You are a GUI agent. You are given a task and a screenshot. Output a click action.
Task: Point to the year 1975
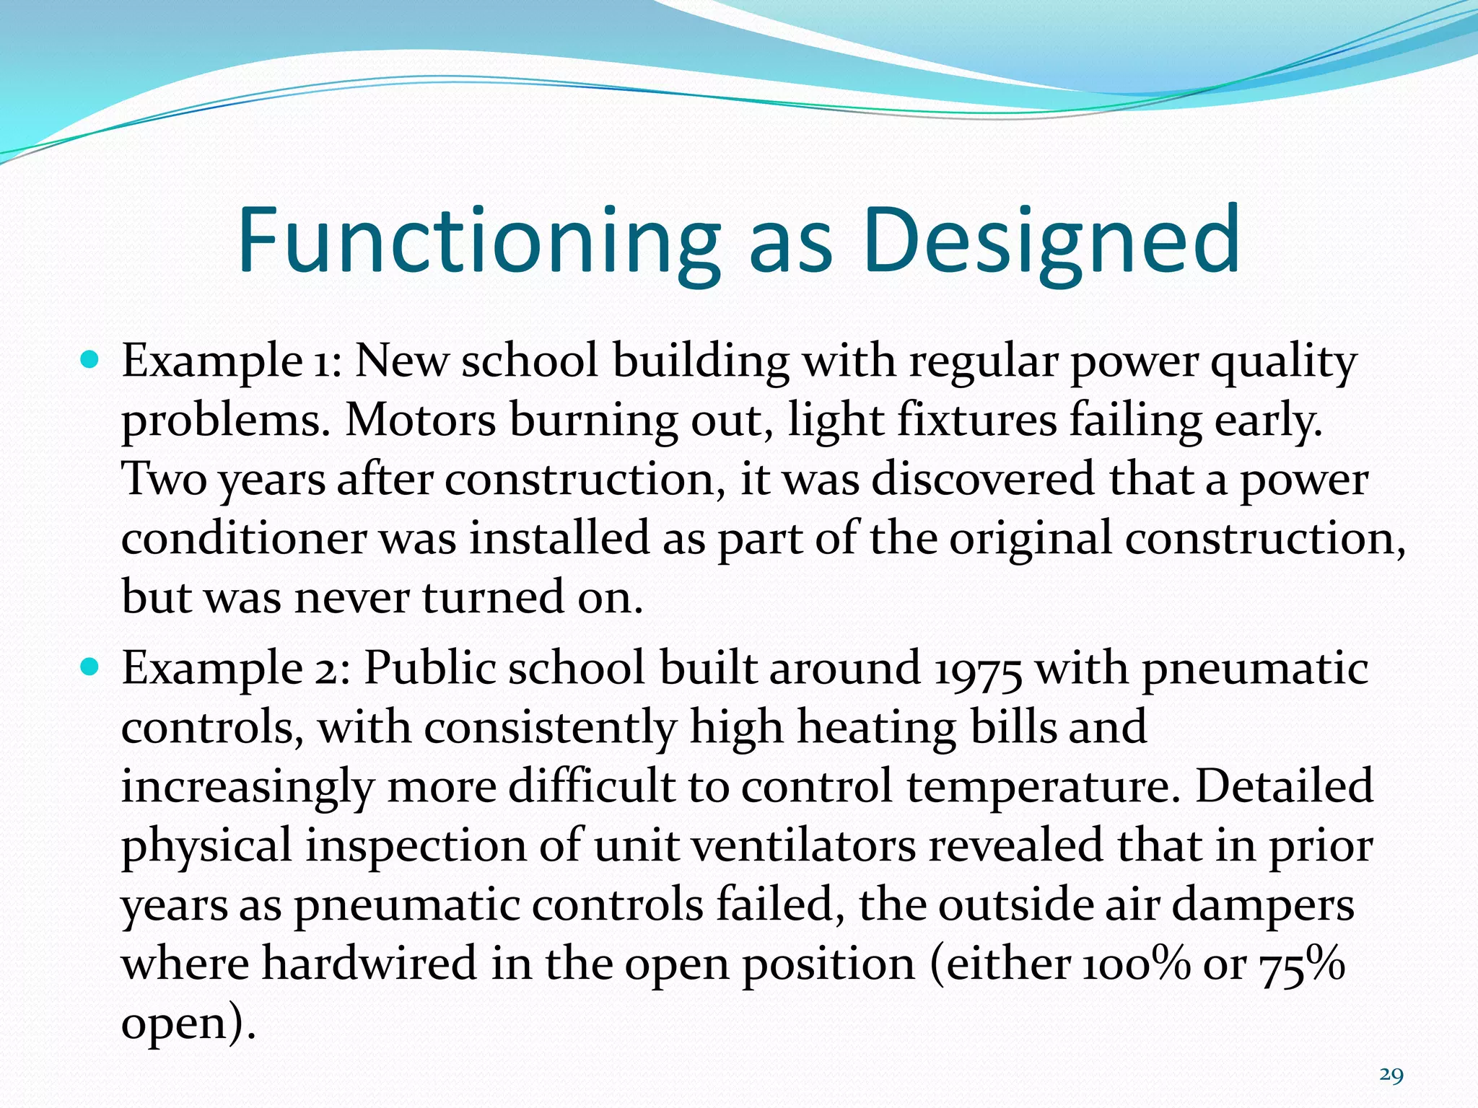point(977,669)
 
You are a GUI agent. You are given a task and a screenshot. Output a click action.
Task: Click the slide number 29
point(1391,1076)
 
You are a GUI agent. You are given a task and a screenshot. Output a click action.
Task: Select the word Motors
point(420,420)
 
